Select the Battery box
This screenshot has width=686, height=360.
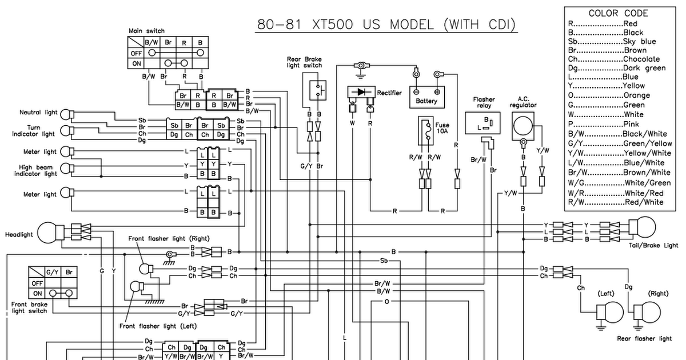(x=427, y=97)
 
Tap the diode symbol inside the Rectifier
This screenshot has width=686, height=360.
(x=361, y=92)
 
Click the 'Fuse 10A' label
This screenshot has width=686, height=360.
(x=442, y=128)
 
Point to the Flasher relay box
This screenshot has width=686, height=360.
(x=482, y=123)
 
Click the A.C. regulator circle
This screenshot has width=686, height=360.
(x=523, y=126)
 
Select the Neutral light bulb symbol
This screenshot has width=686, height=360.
(x=67, y=114)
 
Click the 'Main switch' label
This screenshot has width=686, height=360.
(x=146, y=31)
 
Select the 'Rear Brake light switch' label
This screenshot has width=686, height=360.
(x=304, y=62)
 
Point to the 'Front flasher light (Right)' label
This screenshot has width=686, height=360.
(x=169, y=238)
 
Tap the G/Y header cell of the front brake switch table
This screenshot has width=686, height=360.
(x=53, y=272)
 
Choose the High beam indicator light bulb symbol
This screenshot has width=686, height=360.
(x=67, y=169)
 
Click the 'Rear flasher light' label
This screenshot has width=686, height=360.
(x=644, y=338)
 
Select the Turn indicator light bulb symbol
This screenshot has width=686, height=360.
(x=67, y=131)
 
